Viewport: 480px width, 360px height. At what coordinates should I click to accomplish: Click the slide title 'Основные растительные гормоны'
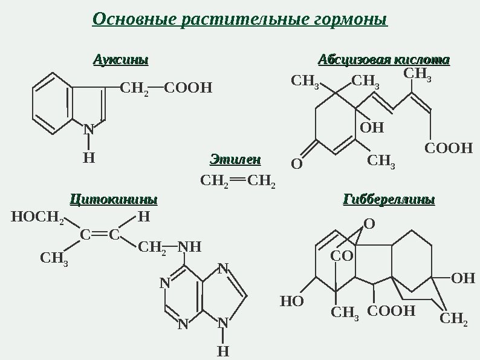click(x=240, y=19)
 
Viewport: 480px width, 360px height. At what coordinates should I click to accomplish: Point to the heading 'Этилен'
click(x=235, y=160)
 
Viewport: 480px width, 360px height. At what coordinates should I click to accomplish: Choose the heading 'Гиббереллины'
click(x=389, y=200)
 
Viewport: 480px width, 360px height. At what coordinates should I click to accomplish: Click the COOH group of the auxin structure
click(x=189, y=90)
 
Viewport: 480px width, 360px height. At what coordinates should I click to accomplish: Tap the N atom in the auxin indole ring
click(x=89, y=129)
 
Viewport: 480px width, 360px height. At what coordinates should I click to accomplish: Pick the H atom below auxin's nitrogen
click(x=89, y=158)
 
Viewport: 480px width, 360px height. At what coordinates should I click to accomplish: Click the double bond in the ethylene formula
click(x=238, y=179)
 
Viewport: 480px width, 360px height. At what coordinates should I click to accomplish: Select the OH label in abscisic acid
click(x=372, y=128)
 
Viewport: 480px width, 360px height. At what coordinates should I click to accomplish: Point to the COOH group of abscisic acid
click(x=448, y=148)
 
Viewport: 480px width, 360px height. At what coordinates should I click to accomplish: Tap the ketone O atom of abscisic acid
click(x=297, y=164)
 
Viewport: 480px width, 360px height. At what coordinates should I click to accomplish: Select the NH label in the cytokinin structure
click(x=190, y=246)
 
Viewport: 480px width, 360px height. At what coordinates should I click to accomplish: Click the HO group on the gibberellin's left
click(x=292, y=301)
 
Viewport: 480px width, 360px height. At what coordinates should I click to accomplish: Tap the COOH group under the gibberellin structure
click(x=392, y=312)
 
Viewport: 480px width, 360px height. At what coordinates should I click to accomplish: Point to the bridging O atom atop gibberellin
click(x=369, y=224)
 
